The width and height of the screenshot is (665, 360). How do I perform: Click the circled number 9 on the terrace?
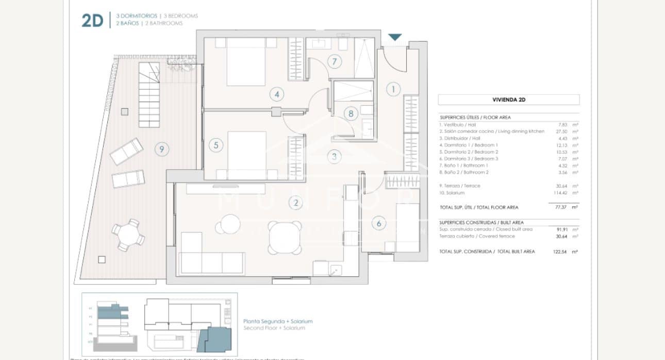tap(162, 150)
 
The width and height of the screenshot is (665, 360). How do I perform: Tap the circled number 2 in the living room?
tap(296, 203)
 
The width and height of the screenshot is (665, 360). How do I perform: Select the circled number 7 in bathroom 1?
tap(334, 62)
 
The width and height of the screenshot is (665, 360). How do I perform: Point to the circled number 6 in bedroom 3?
tap(379, 223)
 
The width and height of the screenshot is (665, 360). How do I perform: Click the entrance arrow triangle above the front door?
tap(395, 37)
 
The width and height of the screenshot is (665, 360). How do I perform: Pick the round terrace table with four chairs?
tap(128, 236)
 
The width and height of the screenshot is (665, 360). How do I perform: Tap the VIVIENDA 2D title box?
tap(508, 100)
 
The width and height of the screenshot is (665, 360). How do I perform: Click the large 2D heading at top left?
tap(93, 21)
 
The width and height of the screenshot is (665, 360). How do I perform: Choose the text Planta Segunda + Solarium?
tap(278, 321)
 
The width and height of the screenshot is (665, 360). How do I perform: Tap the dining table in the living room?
tap(285, 238)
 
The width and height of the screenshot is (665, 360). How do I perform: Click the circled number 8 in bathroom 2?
tap(350, 113)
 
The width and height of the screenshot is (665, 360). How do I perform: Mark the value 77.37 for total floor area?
tap(557, 207)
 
